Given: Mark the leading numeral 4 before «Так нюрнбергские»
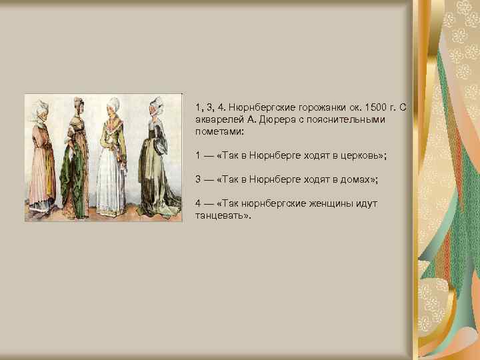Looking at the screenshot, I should (x=199, y=203).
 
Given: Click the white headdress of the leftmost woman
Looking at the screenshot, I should (x=39, y=108).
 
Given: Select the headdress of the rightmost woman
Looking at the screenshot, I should (x=157, y=105).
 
